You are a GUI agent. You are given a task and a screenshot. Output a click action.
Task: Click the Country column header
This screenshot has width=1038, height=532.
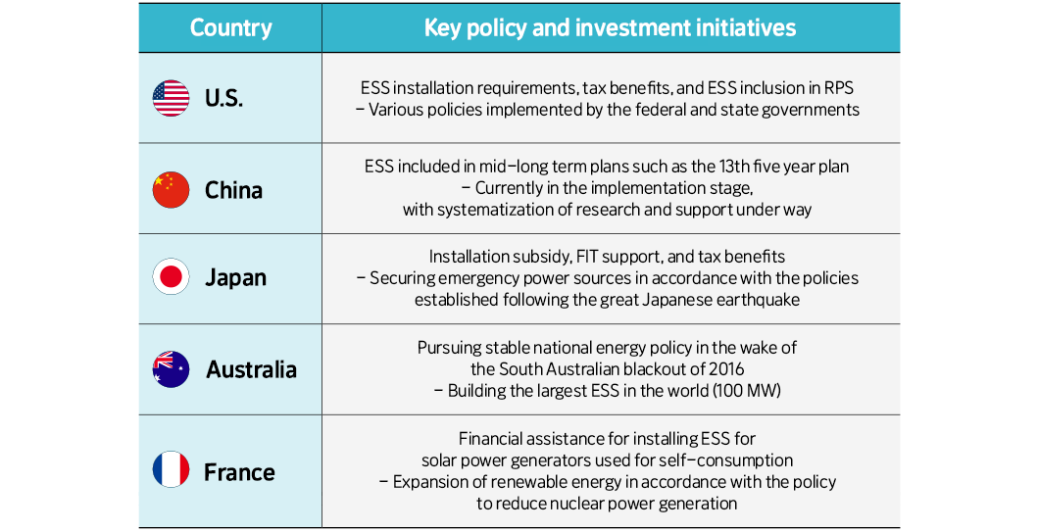pyautogui.click(x=231, y=27)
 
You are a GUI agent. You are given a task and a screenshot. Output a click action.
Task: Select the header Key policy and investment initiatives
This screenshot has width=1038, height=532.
pyautogui.click(x=610, y=27)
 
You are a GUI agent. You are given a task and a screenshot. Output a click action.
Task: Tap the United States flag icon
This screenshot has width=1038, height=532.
pyautogui.click(x=171, y=98)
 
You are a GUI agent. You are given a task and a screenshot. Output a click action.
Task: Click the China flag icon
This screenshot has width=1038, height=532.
pyautogui.click(x=171, y=190)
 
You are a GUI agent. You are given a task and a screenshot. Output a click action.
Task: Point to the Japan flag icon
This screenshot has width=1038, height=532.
pyautogui.click(x=171, y=276)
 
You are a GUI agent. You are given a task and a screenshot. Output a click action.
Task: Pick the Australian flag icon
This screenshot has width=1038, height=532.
pyautogui.click(x=171, y=369)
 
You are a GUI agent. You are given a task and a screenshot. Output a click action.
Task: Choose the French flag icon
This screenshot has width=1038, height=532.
pyautogui.click(x=171, y=469)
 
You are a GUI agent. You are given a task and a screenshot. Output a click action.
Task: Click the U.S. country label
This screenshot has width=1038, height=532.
pyautogui.click(x=223, y=98)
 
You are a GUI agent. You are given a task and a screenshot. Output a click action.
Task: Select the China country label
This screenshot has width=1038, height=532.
pyautogui.click(x=233, y=191)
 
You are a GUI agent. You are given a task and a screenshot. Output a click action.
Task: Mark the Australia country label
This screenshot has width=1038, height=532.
pyautogui.click(x=251, y=369)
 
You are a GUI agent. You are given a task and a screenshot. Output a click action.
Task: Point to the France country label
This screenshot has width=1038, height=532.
pyautogui.click(x=239, y=472)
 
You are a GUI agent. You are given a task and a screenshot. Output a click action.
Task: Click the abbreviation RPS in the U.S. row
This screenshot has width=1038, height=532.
pyautogui.click(x=839, y=88)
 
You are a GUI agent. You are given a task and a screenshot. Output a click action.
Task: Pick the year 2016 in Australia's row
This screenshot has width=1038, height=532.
pyautogui.click(x=726, y=369)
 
